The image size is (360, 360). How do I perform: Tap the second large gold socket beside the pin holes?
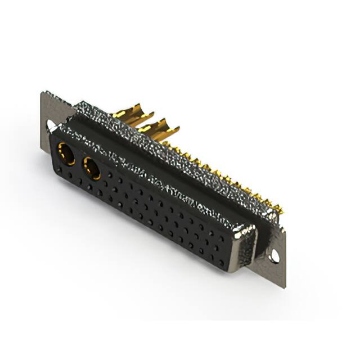pyautogui.click(x=92, y=168)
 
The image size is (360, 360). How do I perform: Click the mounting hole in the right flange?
pyautogui.click(x=274, y=257)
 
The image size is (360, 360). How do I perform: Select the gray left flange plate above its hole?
pyautogui.click(x=49, y=107)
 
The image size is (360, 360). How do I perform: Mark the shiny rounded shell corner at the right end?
pyautogui.click(x=245, y=232)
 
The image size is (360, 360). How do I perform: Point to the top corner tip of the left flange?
pyautogui.click(x=43, y=92)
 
